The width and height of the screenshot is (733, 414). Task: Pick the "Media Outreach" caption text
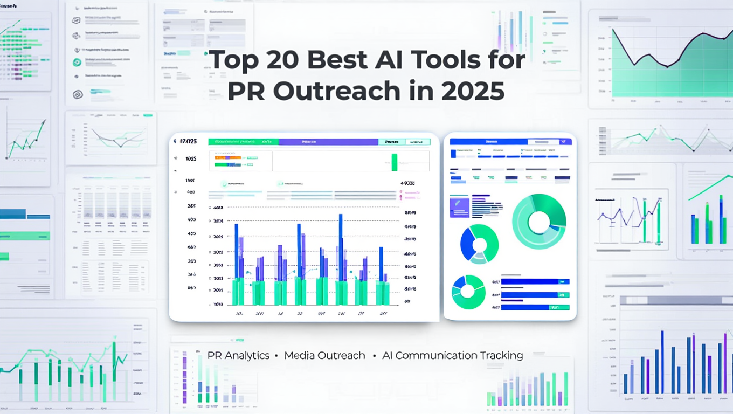324,356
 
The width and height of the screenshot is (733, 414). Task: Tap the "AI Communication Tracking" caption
453,356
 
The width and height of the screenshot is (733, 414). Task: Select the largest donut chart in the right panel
539,222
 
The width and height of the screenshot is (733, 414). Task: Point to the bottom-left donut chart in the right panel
467,292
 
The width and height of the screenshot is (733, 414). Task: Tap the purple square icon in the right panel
459,206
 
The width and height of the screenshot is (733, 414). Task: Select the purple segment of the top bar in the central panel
328,142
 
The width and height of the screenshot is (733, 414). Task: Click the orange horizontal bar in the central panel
227,158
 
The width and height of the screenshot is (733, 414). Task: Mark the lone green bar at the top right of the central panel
394,162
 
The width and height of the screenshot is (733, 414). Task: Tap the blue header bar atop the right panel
488,142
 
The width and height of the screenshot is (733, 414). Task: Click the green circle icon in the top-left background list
77,63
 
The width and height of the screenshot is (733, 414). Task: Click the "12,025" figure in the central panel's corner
188,142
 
